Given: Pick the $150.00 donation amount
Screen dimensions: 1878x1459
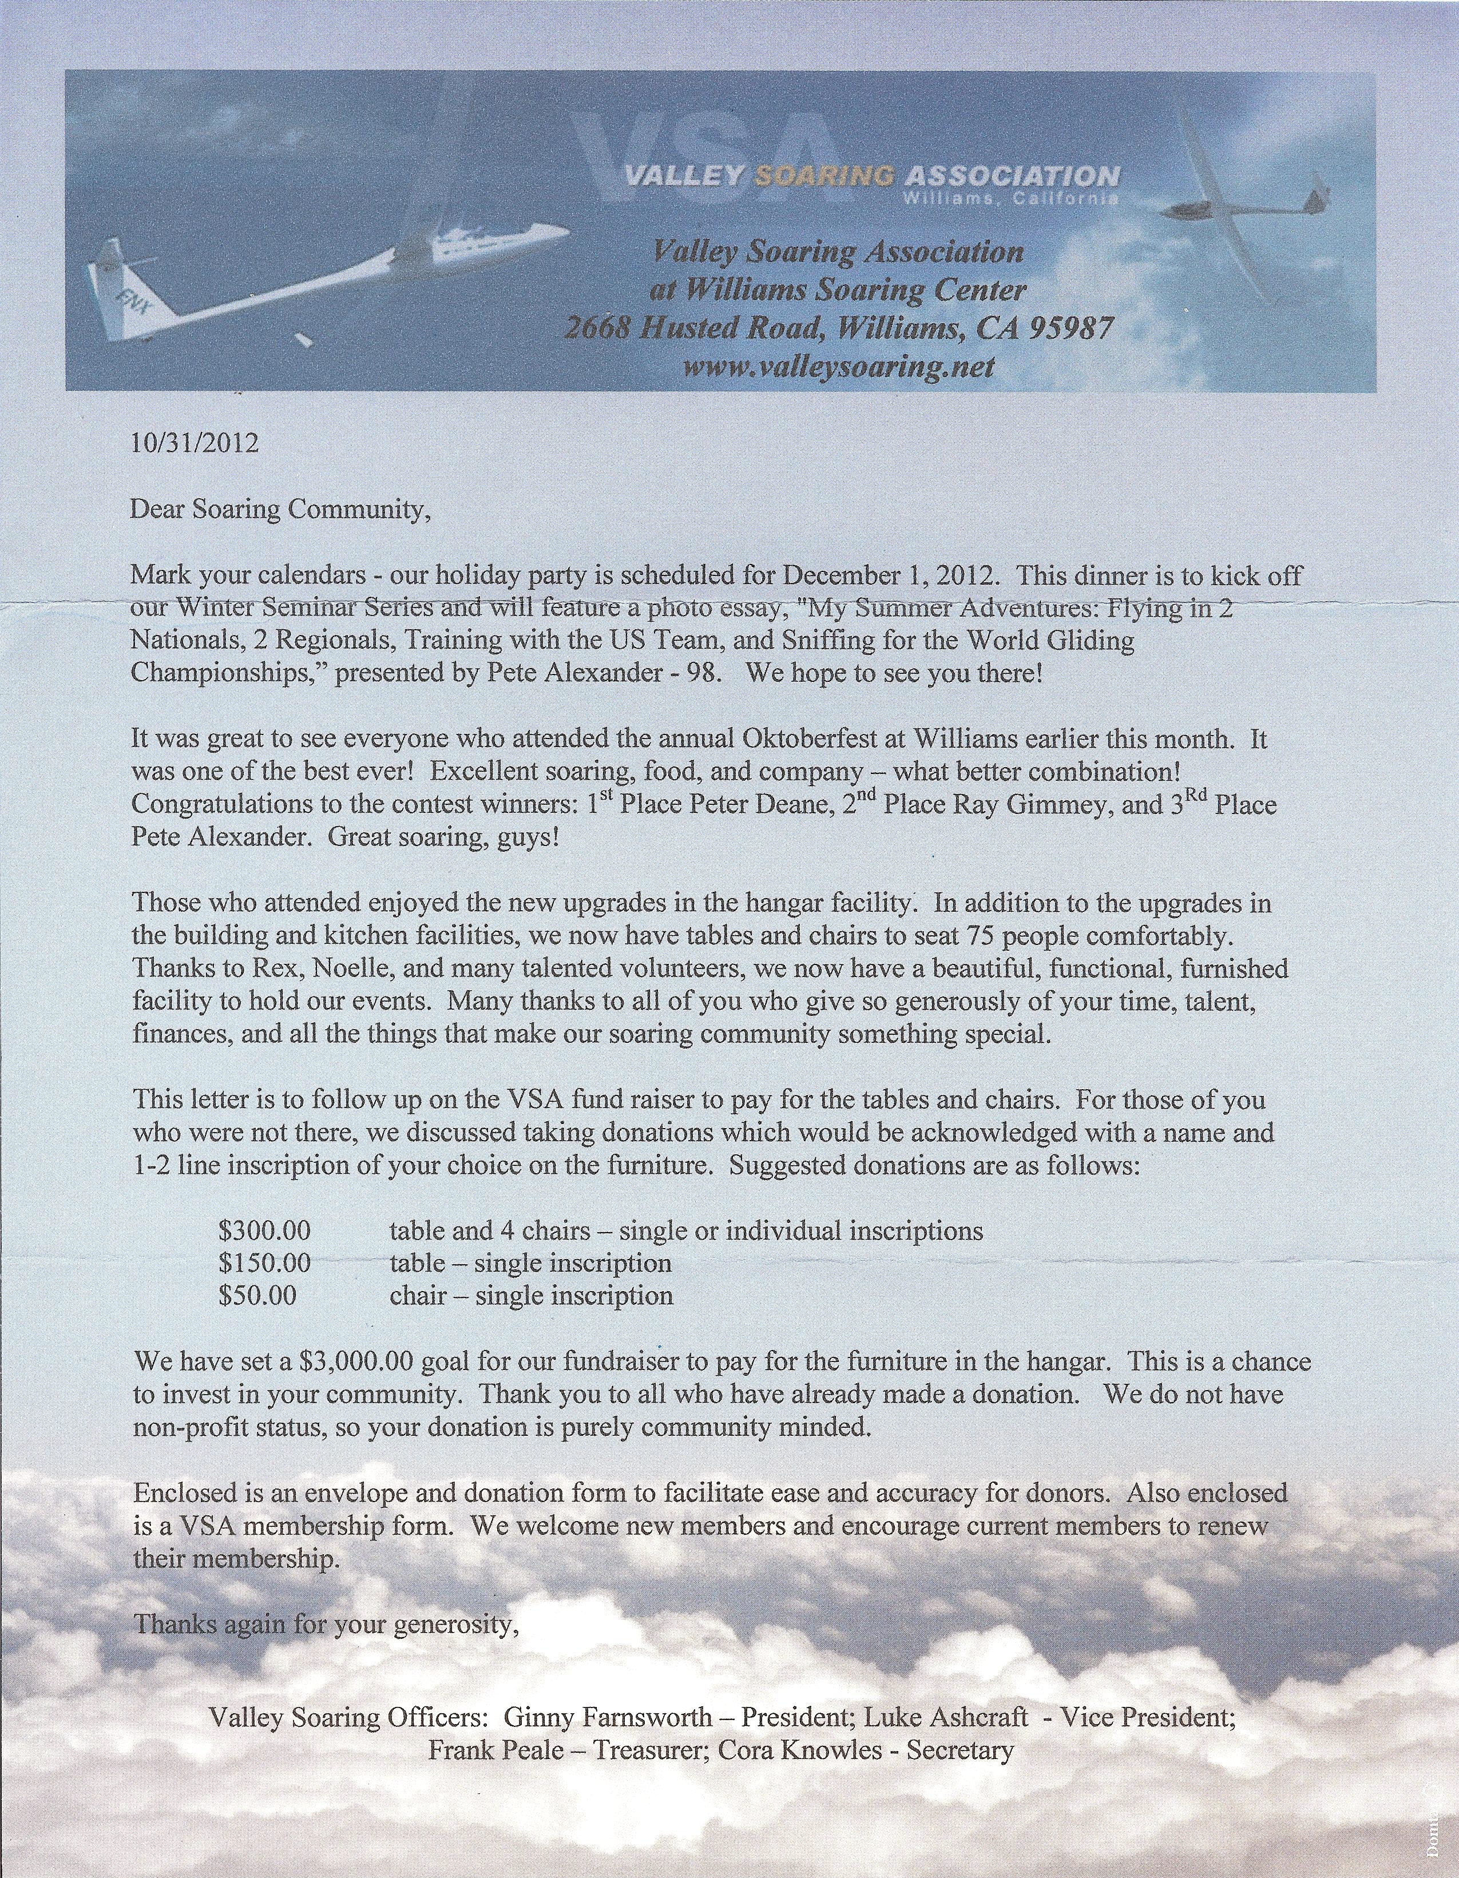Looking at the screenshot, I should point(264,1263).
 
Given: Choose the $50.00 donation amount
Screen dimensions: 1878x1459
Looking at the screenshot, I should point(257,1296).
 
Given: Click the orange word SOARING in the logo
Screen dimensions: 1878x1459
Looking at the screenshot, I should point(823,176).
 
